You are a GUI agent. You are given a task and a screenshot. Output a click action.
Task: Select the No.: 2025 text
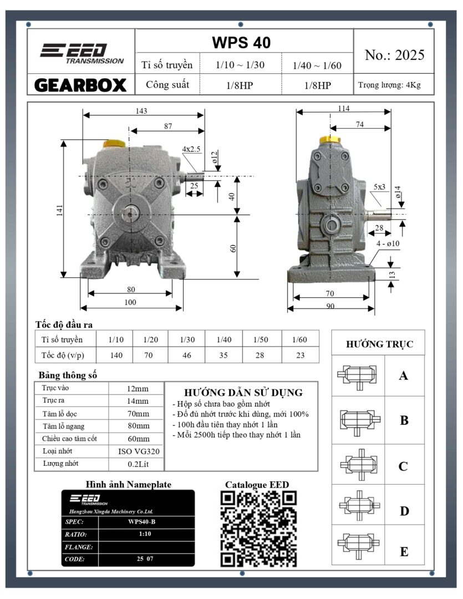tap(394, 55)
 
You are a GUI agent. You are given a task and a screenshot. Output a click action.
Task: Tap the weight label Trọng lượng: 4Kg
tap(389, 85)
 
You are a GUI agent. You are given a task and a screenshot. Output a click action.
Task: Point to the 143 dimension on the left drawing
tap(141, 111)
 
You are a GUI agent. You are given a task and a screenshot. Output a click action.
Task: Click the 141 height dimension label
tap(60, 210)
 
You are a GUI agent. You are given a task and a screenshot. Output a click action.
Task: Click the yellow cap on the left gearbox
tap(114, 144)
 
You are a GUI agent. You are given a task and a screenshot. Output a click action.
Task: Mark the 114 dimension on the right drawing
tap(343, 109)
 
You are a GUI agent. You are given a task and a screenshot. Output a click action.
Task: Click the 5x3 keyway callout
tap(380, 187)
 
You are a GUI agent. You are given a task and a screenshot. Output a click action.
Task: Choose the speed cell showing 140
tap(116, 356)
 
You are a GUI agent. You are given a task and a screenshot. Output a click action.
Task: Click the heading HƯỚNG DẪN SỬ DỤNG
tap(243, 393)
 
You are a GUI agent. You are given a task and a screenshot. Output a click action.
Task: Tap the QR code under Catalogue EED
tap(258, 529)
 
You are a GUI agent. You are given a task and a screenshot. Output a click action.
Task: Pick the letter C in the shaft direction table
tap(403, 466)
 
